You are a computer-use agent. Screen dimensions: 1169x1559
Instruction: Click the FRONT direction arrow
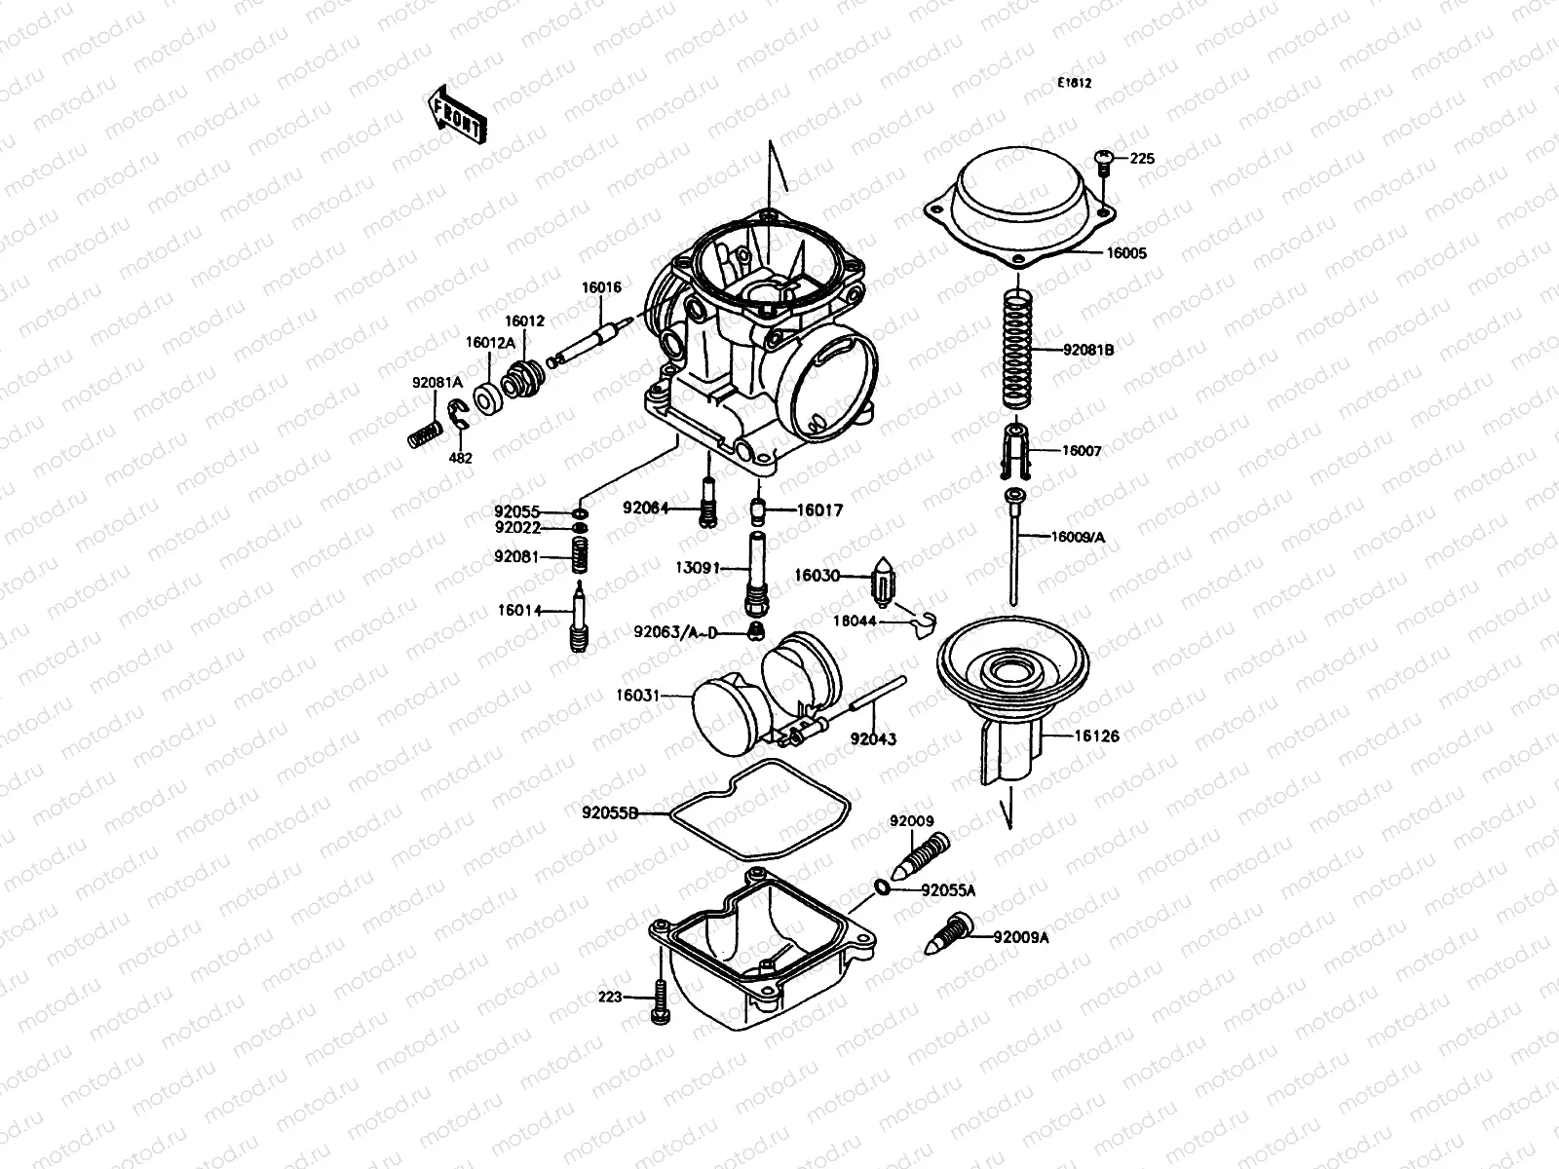pos(455,114)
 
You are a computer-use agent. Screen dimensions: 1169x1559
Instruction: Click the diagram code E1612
pos(1075,84)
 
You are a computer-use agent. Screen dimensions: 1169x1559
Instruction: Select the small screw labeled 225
pos(1104,161)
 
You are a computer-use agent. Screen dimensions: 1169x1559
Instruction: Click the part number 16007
pos(1082,452)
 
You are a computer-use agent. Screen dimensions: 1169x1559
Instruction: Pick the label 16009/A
pos(1079,537)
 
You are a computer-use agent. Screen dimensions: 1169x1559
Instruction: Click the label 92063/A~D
pos(675,632)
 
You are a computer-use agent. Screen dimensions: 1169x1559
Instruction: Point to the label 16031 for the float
pos(637,697)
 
